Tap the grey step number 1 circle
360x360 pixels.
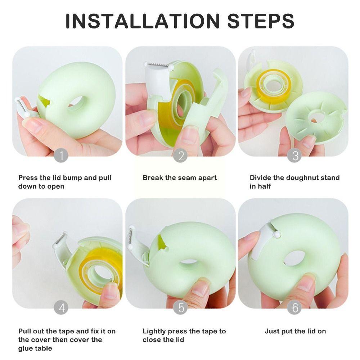point(61,156)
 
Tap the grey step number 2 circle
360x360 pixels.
point(180,156)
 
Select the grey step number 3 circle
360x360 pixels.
point(295,156)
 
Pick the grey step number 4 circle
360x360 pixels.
point(61,308)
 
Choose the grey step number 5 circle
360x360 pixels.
point(180,308)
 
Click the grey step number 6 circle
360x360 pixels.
point(295,308)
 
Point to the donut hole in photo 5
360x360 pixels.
point(190,261)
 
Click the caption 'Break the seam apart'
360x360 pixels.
point(180,177)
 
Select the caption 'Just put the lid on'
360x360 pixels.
point(295,331)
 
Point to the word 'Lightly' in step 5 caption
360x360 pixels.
point(154,331)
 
